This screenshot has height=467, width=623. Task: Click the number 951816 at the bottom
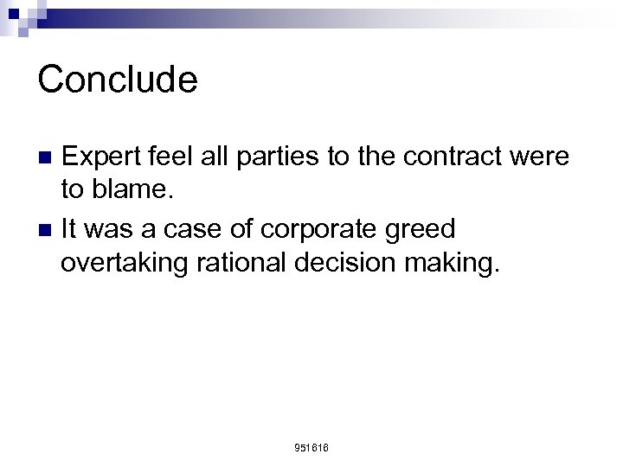pos(311,447)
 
